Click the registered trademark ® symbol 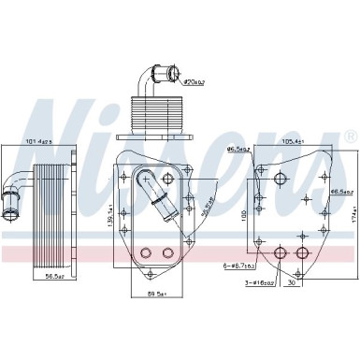(350, 137)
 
